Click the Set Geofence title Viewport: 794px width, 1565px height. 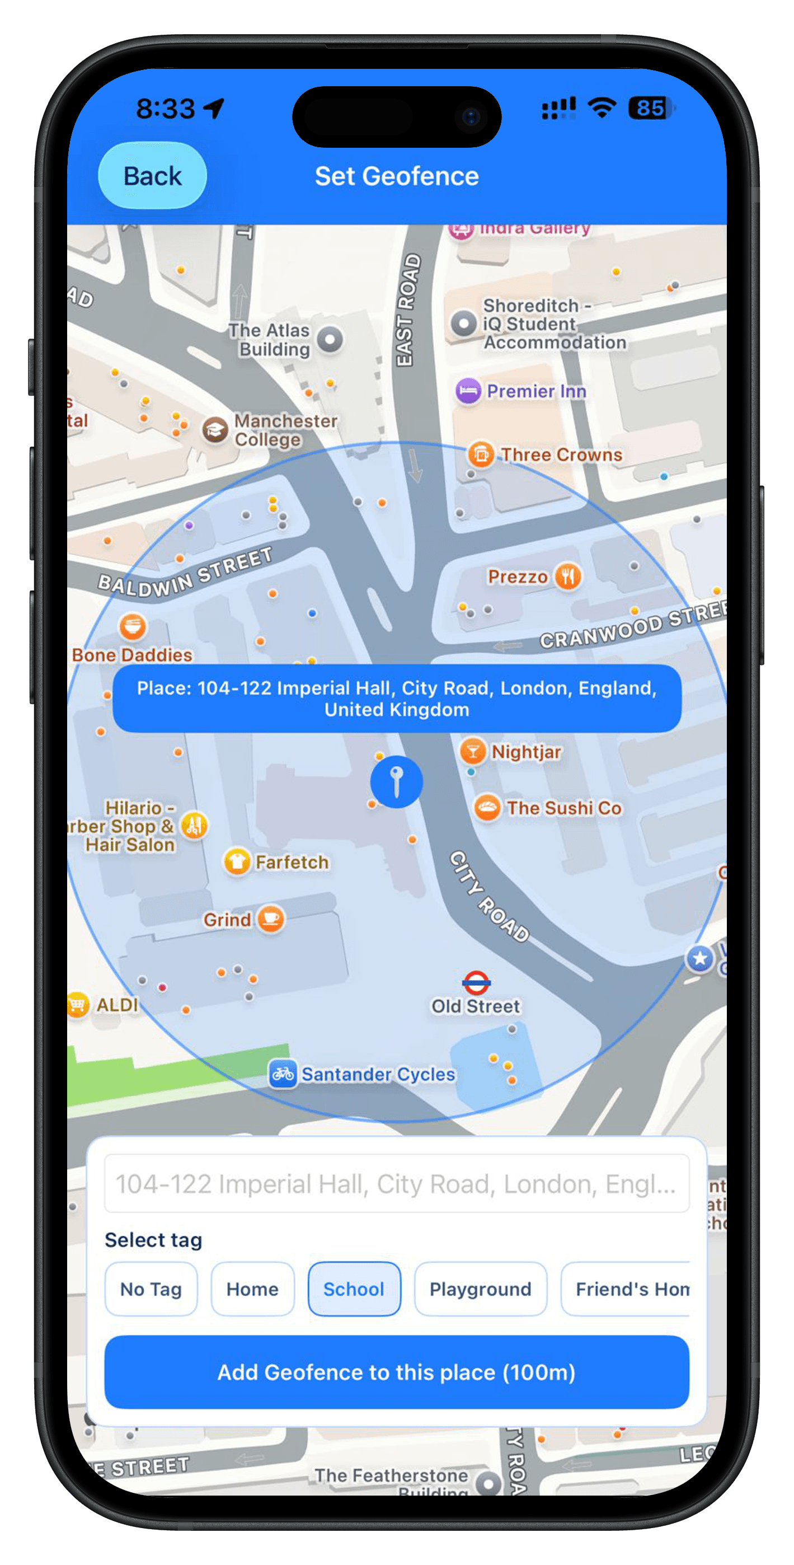click(397, 176)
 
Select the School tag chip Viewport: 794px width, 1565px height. click(354, 1290)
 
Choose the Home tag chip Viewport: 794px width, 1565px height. click(252, 1290)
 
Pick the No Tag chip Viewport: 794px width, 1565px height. click(151, 1290)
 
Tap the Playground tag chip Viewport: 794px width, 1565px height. click(480, 1290)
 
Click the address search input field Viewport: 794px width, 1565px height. click(396, 1184)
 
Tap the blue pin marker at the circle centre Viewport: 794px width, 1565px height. click(396, 781)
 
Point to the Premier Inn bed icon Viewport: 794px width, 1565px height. click(468, 391)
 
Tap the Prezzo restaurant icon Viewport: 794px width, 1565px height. click(568, 576)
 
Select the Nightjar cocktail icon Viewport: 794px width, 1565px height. click(472, 752)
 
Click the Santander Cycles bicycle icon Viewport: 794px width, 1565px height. click(283, 1074)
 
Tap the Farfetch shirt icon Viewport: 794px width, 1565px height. click(237, 861)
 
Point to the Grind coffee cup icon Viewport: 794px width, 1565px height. click(271, 919)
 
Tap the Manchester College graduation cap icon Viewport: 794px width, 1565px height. click(215, 430)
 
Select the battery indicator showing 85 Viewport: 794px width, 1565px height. click(650, 108)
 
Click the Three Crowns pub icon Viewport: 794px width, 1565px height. click(481, 454)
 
